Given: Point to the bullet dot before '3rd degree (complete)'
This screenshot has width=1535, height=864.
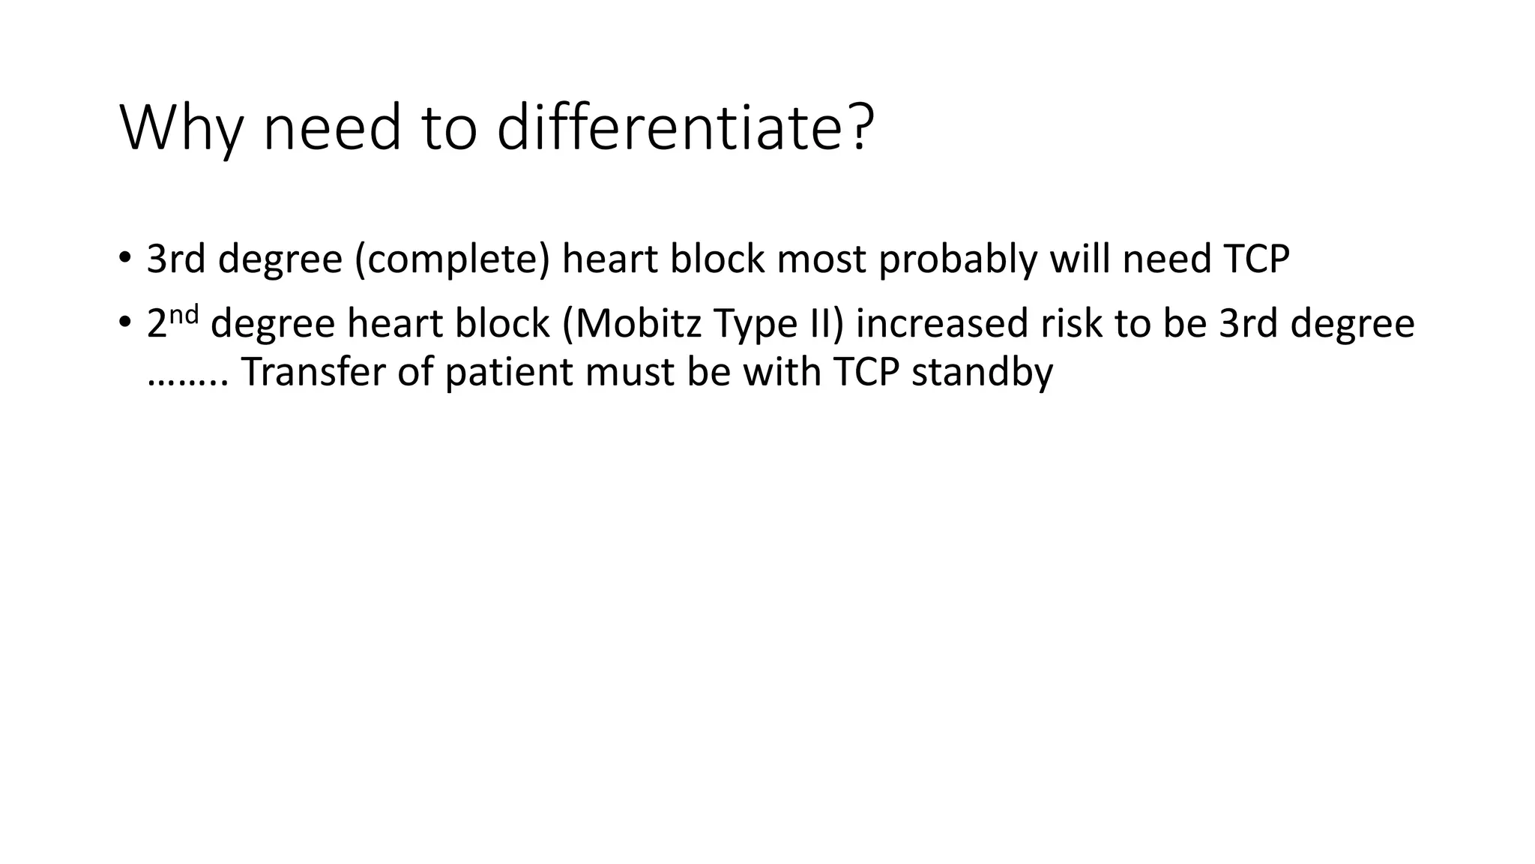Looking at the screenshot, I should tap(124, 259).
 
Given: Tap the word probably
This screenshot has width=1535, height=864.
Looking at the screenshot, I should tap(958, 259).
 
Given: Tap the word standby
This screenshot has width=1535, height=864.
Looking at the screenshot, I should tap(982, 372).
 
